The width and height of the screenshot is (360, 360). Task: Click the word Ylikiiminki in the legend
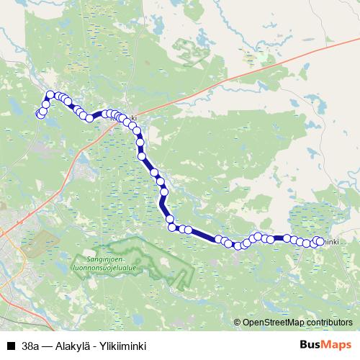(122, 346)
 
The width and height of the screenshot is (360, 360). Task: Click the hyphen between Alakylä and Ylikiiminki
(96, 346)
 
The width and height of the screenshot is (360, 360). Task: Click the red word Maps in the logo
(336, 345)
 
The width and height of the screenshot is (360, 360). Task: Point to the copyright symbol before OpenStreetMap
(238, 323)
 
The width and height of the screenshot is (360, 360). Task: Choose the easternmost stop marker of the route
(320, 240)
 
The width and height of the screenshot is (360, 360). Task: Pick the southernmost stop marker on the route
(238, 246)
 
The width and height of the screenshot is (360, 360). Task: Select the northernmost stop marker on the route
(50, 94)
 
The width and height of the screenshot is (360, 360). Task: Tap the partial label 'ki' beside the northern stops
(132, 118)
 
